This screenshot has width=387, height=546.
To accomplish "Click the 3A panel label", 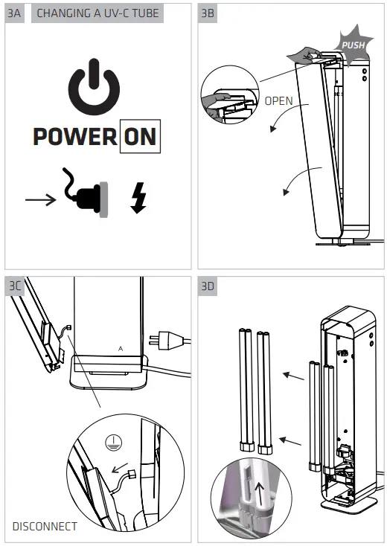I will pyautogui.click(x=14, y=13).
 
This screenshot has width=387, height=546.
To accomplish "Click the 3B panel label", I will pyautogui.click(x=208, y=13).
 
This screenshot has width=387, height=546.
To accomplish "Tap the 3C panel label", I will pyautogui.click(x=14, y=286).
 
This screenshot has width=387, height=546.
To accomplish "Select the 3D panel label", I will pyautogui.click(x=208, y=286).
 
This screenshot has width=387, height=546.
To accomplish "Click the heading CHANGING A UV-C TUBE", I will pyautogui.click(x=97, y=13).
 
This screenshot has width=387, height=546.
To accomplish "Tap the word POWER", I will pyautogui.click(x=74, y=137).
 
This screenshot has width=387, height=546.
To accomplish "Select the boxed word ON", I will pyautogui.click(x=140, y=137).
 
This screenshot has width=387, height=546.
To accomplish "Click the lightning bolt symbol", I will pyautogui.click(x=138, y=198).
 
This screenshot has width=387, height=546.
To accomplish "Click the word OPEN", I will pyautogui.click(x=278, y=100).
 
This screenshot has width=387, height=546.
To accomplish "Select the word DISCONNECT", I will pyautogui.click(x=45, y=526).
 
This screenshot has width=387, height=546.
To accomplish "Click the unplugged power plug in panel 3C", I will pyautogui.click(x=167, y=341).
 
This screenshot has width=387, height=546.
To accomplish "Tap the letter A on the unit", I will pyautogui.click(x=120, y=347).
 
